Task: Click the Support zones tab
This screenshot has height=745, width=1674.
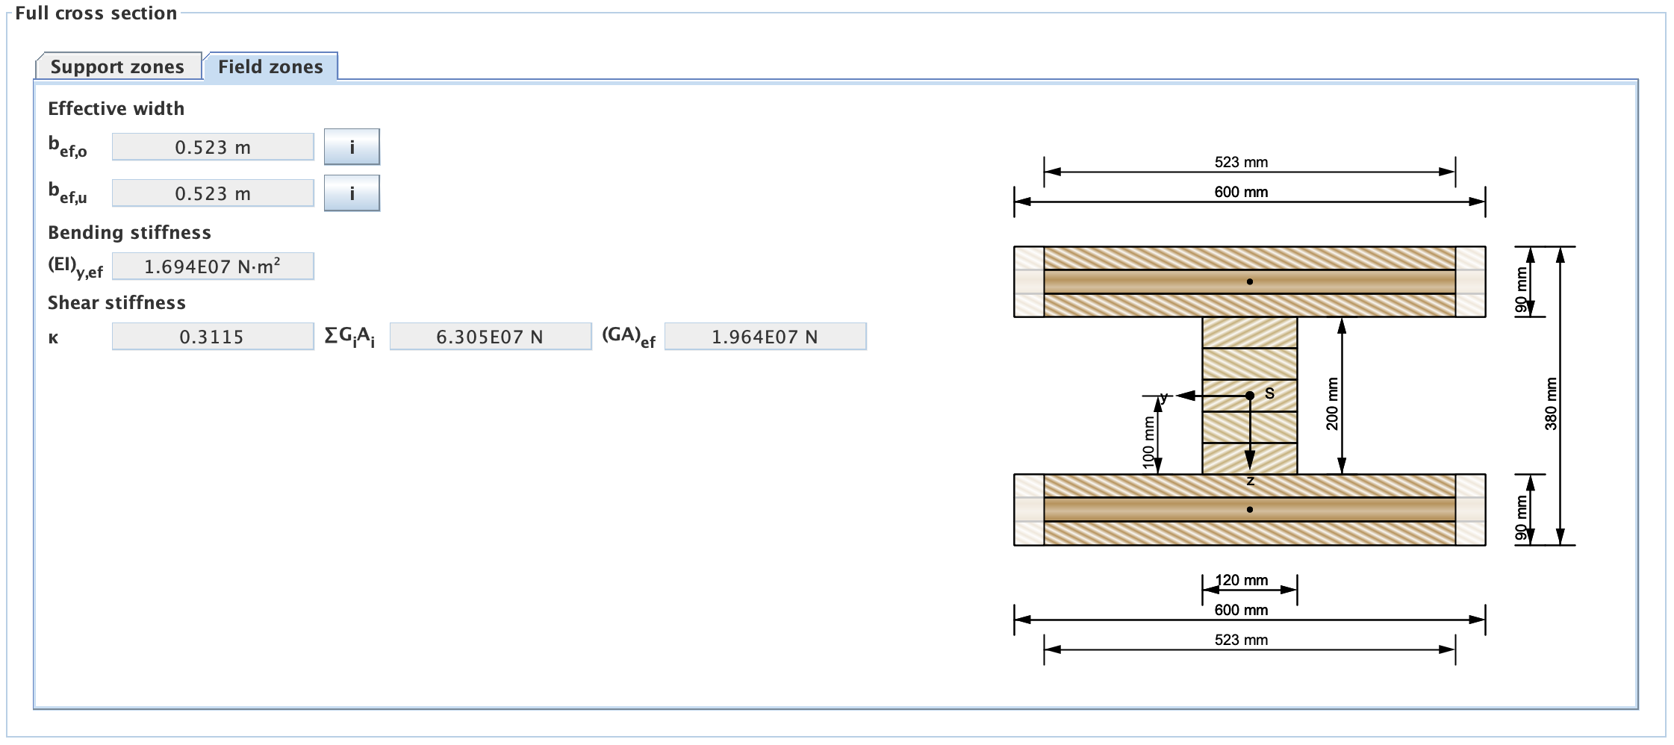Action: (117, 66)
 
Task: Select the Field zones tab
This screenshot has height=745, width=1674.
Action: (270, 66)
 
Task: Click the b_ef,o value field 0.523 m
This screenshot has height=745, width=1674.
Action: (213, 147)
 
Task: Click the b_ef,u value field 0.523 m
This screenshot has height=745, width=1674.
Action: (213, 193)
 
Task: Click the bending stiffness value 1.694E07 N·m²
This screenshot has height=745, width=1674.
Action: (213, 266)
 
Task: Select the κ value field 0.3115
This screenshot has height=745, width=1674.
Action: (213, 337)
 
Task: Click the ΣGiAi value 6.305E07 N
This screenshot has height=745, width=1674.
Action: (490, 337)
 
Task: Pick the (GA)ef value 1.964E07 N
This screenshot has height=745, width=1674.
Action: (765, 337)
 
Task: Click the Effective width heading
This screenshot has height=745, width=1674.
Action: (116, 108)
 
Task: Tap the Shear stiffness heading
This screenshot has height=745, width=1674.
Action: (116, 302)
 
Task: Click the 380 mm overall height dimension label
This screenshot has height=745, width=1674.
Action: (1551, 404)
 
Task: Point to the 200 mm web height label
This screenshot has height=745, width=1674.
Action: (1332, 404)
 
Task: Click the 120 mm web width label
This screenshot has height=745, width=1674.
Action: (1242, 580)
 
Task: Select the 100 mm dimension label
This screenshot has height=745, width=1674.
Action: (1148, 442)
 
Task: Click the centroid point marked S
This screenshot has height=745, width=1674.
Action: (1250, 395)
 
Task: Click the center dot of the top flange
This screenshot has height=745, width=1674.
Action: (1250, 281)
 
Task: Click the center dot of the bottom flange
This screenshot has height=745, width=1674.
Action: (1250, 510)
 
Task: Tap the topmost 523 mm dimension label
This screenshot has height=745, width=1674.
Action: (1241, 162)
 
